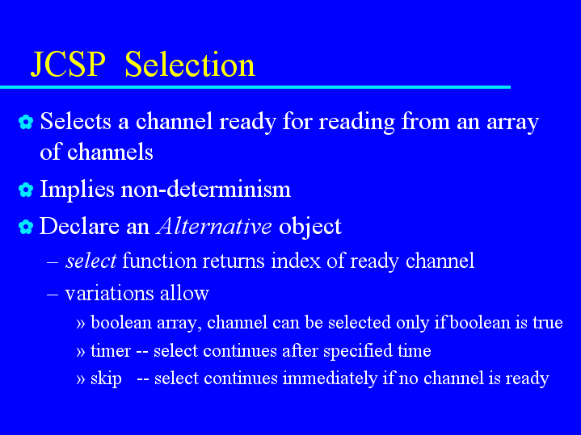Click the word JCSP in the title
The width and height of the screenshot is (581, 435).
68,65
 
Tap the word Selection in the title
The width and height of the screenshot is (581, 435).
190,65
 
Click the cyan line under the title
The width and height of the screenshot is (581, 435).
255,87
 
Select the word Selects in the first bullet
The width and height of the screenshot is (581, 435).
76,121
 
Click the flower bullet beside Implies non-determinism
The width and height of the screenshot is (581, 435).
26,190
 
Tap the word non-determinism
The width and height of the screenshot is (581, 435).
206,189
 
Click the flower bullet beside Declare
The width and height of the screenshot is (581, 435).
26,227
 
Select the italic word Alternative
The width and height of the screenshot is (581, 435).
214,226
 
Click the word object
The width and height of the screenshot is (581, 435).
309,227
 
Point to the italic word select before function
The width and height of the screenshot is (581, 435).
91,261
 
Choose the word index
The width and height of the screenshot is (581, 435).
295,261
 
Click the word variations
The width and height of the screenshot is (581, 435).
109,293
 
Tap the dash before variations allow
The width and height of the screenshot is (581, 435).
53,295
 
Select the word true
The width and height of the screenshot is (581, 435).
548,323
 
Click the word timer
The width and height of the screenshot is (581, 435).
111,350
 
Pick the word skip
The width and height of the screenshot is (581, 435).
106,379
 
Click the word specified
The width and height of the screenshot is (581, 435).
357,351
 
